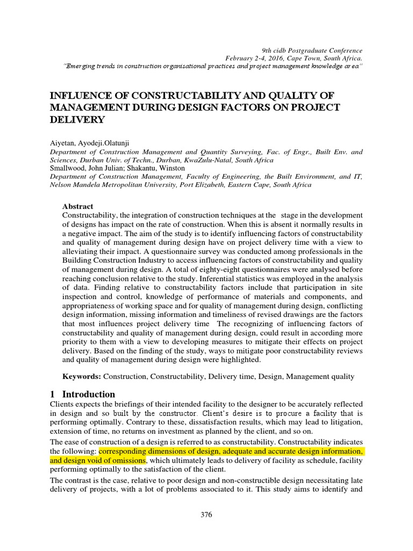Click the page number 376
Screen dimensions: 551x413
(206, 514)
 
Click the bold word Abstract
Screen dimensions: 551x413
(78, 206)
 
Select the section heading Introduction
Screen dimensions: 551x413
(89, 394)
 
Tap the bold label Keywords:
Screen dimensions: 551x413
(82, 377)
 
